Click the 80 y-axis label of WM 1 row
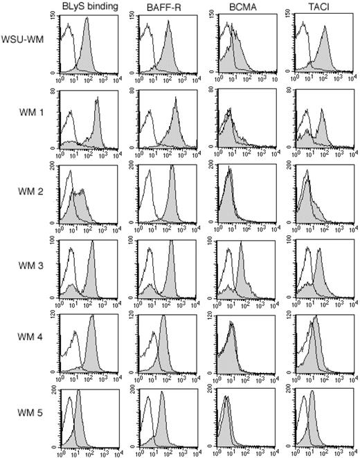click(55, 91)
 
